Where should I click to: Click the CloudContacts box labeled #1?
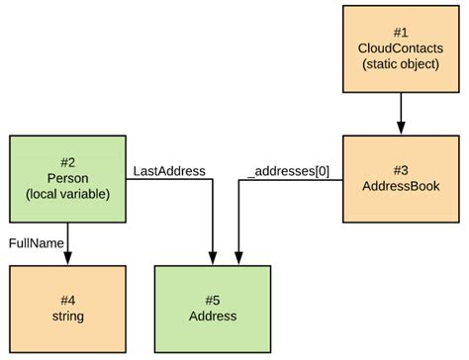click(401, 48)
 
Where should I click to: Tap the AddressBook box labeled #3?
click(401, 178)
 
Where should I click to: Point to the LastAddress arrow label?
click(169, 171)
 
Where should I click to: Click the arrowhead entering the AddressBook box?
click(401, 128)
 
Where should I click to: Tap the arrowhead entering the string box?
click(67, 258)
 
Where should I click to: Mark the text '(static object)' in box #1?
click(401, 64)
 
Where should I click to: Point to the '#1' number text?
click(401, 32)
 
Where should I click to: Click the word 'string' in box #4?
click(67, 316)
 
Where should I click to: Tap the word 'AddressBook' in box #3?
click(401, 186)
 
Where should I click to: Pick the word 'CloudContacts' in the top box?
click(401, 48)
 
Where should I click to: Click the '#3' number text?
click(401, 169)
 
